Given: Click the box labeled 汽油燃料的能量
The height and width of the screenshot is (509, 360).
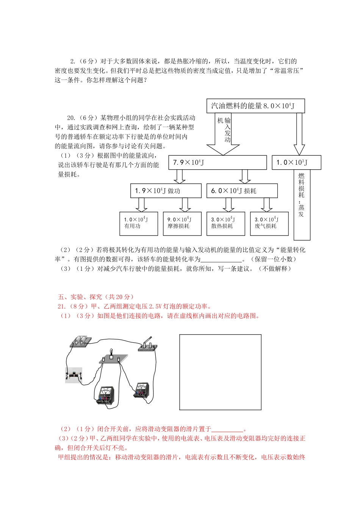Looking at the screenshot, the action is pos(256,106).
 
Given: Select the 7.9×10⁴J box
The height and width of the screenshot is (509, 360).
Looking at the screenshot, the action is pos(218,162).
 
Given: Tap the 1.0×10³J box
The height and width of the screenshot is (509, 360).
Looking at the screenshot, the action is pos(296,162).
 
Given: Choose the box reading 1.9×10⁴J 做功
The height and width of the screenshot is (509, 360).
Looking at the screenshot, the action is pos(166,191).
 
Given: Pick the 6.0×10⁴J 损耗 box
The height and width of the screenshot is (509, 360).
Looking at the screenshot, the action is pos(242,191).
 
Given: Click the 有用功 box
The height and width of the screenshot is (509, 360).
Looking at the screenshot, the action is pos(138,223).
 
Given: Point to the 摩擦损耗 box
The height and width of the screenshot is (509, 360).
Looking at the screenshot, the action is pos(182,223).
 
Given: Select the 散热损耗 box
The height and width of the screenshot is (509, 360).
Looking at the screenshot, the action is pos(225,223).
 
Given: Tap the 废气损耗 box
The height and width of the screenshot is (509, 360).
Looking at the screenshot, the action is pos(269,223).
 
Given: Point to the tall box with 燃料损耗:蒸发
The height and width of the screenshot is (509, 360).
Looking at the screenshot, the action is pos(302,205).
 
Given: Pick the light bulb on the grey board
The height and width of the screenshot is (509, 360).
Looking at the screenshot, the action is pos(111,354).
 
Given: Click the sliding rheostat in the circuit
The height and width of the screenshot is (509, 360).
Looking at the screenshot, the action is pos(74,375).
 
